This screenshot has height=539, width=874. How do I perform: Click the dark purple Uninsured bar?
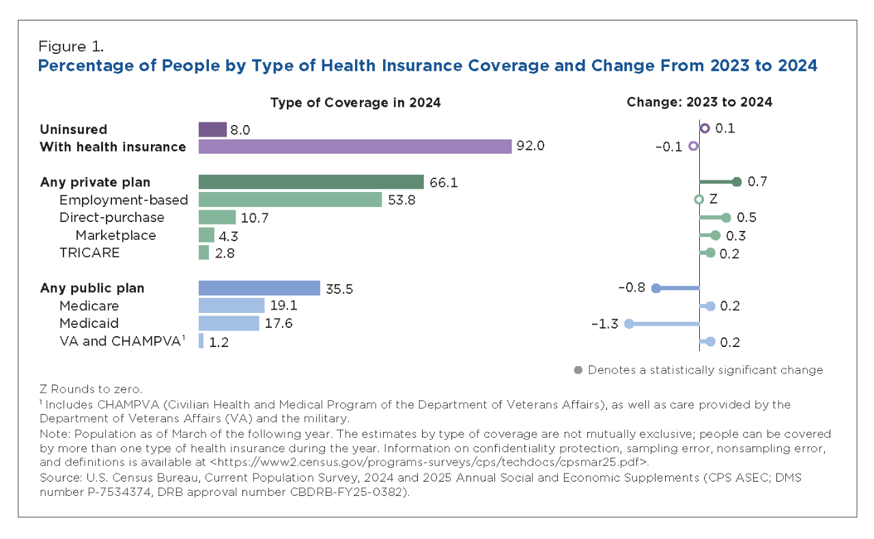click(x=212, y=129)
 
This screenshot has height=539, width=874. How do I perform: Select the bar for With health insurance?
click(x=355, y=146)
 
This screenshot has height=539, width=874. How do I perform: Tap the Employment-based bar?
click(x=290, y=199)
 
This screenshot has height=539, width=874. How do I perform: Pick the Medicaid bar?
click(x=229, y=323)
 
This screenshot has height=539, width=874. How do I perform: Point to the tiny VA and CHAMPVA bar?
click(x=201, y=341)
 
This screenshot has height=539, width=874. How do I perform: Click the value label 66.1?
click(x=443, y=182)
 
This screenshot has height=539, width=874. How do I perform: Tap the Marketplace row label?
click(x=115, y=235)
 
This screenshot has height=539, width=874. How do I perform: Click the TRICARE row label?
click(x=89, y=253)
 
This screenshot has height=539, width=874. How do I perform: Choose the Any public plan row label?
click(x=92, y=288)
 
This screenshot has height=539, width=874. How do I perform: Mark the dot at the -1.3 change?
click(x=629, y=324)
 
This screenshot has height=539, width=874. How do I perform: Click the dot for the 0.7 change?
click(x=736, y=182)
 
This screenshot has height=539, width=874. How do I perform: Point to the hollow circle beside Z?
click(x=699, y=199)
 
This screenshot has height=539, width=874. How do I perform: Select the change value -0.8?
click(x=632, y=288)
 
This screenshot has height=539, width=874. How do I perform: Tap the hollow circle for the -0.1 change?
click(x=693, y=146)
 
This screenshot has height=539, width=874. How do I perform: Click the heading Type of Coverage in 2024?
click(x=355, y=102)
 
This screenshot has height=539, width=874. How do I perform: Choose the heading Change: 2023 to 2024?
click(x=699, y=102)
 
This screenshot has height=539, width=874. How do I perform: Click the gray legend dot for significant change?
click(x=578, y=370)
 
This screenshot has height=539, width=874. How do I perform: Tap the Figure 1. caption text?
click(x=71, y=47)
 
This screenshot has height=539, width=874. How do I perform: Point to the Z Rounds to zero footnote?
click(x=91, y=389)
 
